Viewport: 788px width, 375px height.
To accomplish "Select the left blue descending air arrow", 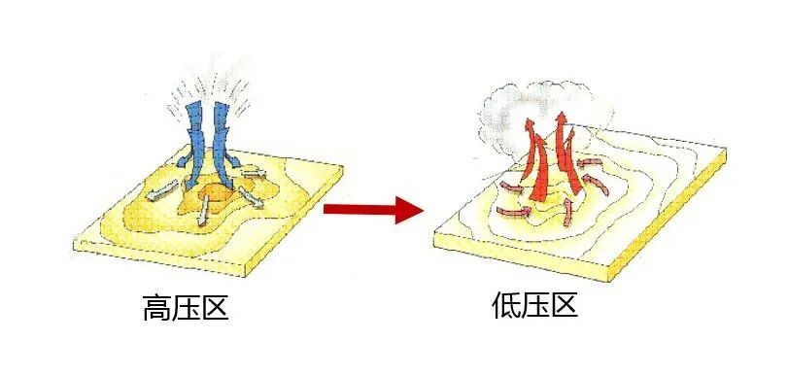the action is click(197, 146).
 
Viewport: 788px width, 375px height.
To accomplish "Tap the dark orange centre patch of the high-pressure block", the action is click(216, 199).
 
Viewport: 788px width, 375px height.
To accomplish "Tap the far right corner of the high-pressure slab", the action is click(343, 166).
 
